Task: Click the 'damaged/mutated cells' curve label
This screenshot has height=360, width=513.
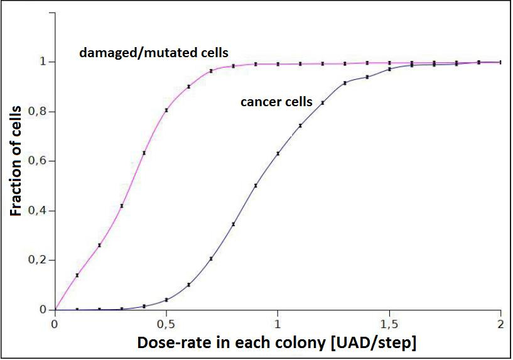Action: [153, 53]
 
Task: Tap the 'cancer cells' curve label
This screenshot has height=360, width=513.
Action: [276, 102]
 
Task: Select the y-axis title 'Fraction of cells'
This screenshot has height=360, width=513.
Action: [17, 161]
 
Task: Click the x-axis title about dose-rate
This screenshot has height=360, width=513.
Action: [276, 344]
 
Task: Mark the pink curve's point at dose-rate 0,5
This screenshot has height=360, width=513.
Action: [166, 110]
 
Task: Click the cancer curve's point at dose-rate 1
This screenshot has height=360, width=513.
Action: [278, 153]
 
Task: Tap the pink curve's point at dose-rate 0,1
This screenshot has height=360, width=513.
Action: [77, 275]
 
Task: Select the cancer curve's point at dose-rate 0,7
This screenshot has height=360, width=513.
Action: [211, 259]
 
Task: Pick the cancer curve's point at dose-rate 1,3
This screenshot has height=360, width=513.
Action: [345, 83]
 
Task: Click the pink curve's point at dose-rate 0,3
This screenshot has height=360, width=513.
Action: [122, 206]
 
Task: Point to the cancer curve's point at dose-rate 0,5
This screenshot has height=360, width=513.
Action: [166, 300]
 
